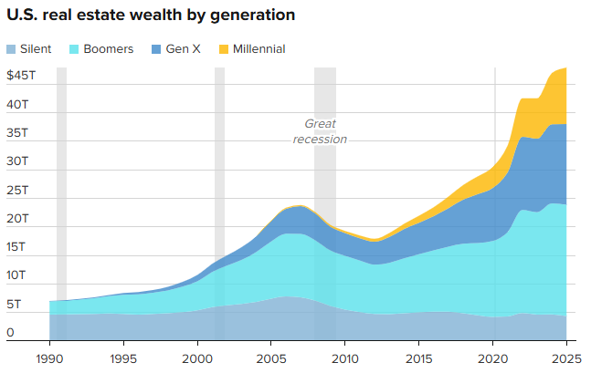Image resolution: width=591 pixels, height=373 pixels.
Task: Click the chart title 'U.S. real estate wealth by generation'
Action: (151, 16)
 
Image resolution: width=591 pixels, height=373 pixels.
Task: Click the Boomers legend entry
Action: (102, 48)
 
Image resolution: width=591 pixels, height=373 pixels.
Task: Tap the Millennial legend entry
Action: (253, 48)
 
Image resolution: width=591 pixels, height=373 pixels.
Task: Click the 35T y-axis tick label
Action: (17, 133)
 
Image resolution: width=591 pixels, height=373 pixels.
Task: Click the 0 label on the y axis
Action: (10, 333)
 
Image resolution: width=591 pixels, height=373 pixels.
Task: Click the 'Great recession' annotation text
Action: (320, 131)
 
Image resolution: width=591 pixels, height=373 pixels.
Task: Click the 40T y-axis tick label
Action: (17, 105)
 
